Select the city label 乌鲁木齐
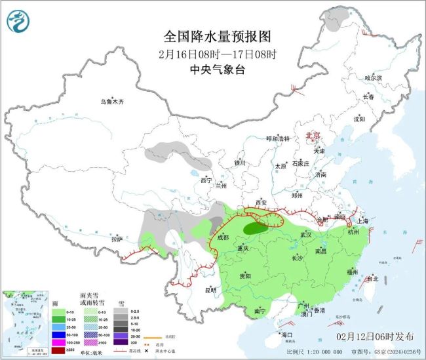click(x=112, y=102)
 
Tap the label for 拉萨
click(x=117, y=239)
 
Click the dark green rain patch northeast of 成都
click(x=253, y=228)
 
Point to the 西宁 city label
click(x=206, y=180)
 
